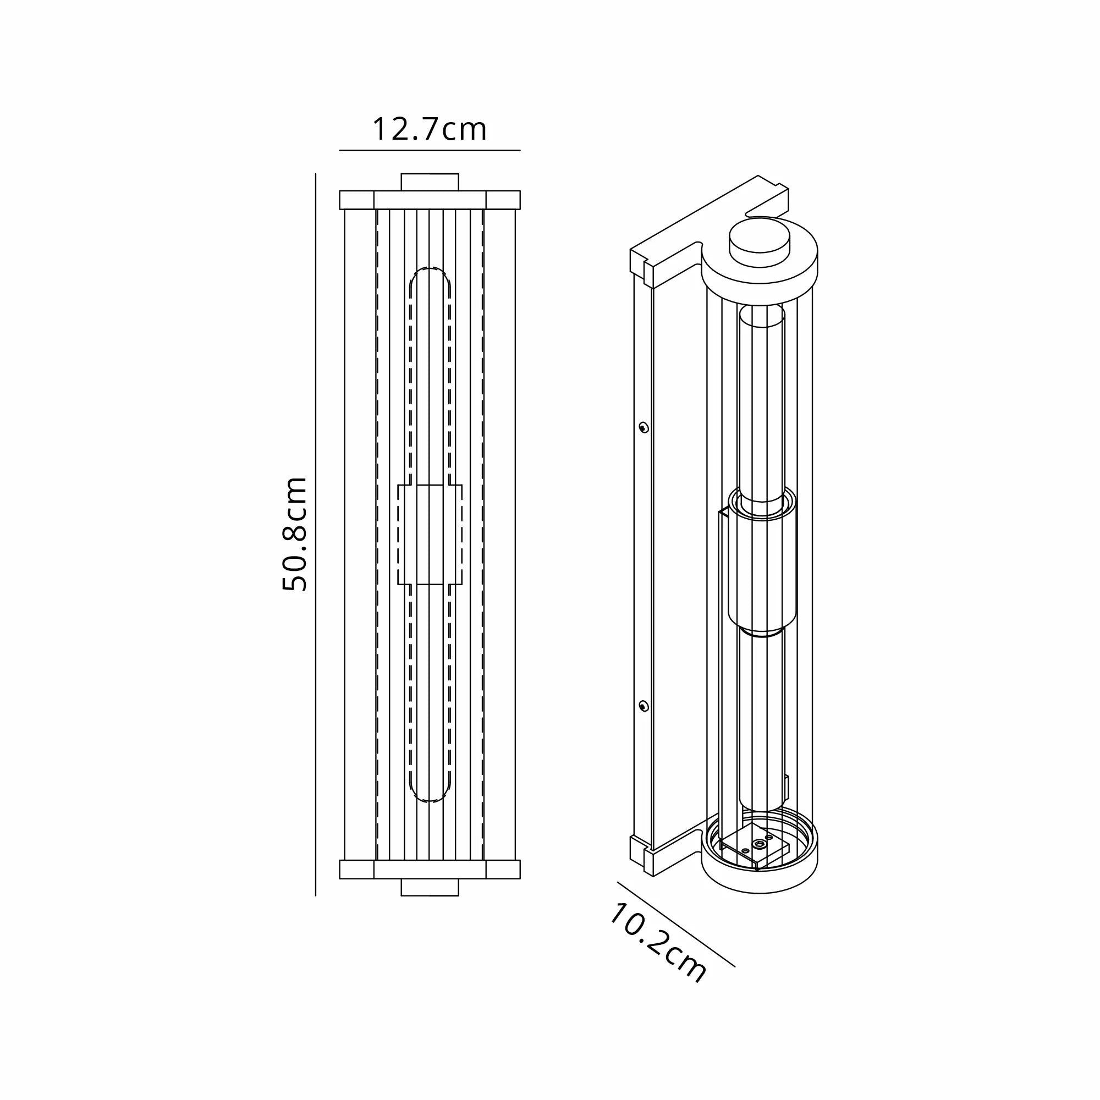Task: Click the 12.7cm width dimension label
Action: pos(430,130)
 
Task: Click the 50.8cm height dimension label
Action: pos(295,533)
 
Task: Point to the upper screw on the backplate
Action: pos(643,427)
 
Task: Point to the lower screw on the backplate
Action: pos(643,707)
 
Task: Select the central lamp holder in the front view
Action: pos(430,535)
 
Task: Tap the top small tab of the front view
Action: pos(430,182)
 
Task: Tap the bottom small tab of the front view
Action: pos(430,887)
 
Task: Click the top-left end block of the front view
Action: pos(356,200)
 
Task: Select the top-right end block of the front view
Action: pos(503,200)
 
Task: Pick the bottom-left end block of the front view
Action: pos(356,870)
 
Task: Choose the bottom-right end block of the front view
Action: pos(503,870)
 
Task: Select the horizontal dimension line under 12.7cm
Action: pos(430,150)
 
